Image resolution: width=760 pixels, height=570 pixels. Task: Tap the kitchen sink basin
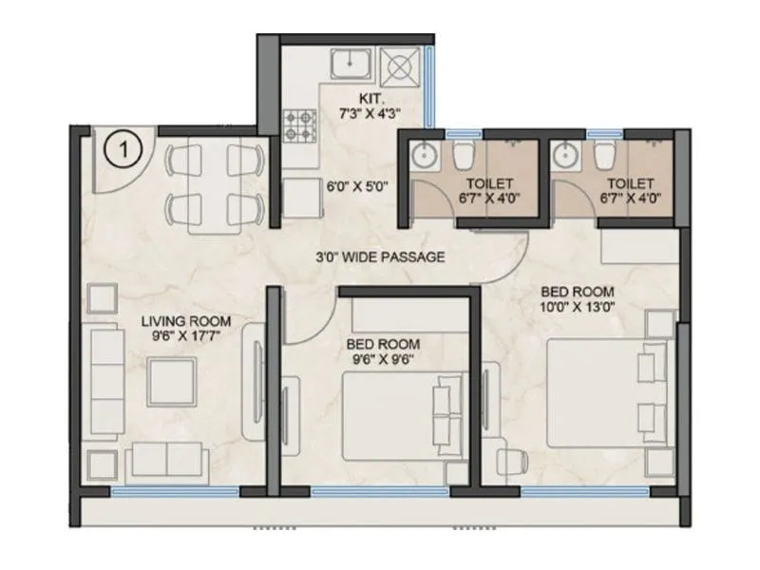click(x=351, y=63)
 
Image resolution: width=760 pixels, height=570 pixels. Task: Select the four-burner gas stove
click(x=301, y=123)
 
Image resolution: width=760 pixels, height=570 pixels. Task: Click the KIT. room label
click(x=370, y=98)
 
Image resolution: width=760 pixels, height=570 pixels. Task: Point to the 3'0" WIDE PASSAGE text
click(x=381, y=256)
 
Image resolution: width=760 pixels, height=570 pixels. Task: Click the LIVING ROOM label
click(x=186, y=321)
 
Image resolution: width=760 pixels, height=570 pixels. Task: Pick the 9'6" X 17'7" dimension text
click(x=186, y=336)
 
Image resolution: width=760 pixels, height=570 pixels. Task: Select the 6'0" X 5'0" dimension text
click(x=357, y=187)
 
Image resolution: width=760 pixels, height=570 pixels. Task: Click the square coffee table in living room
click(x=172, y=382)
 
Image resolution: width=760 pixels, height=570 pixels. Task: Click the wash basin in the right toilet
click(x=565, y=153)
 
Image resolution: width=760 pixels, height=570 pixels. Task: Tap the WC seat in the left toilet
click(x=463, y=154)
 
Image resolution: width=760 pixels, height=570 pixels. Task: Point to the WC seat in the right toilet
click(x=604, y=154)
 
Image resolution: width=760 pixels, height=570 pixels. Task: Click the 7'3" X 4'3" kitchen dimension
click(x=370, y=113)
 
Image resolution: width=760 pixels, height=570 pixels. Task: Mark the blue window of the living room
click(x=174, y=492)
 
